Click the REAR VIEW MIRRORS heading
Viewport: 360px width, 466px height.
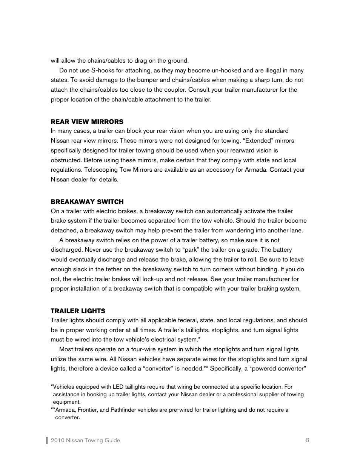pos(87,121)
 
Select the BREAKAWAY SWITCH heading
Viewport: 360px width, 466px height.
pos(87,201)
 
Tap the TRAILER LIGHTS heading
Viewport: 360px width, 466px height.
pos(78,311)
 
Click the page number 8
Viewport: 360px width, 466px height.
pos(307,440)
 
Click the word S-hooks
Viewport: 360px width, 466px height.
pos(102,71)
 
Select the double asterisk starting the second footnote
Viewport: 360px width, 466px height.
pos(53,409)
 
